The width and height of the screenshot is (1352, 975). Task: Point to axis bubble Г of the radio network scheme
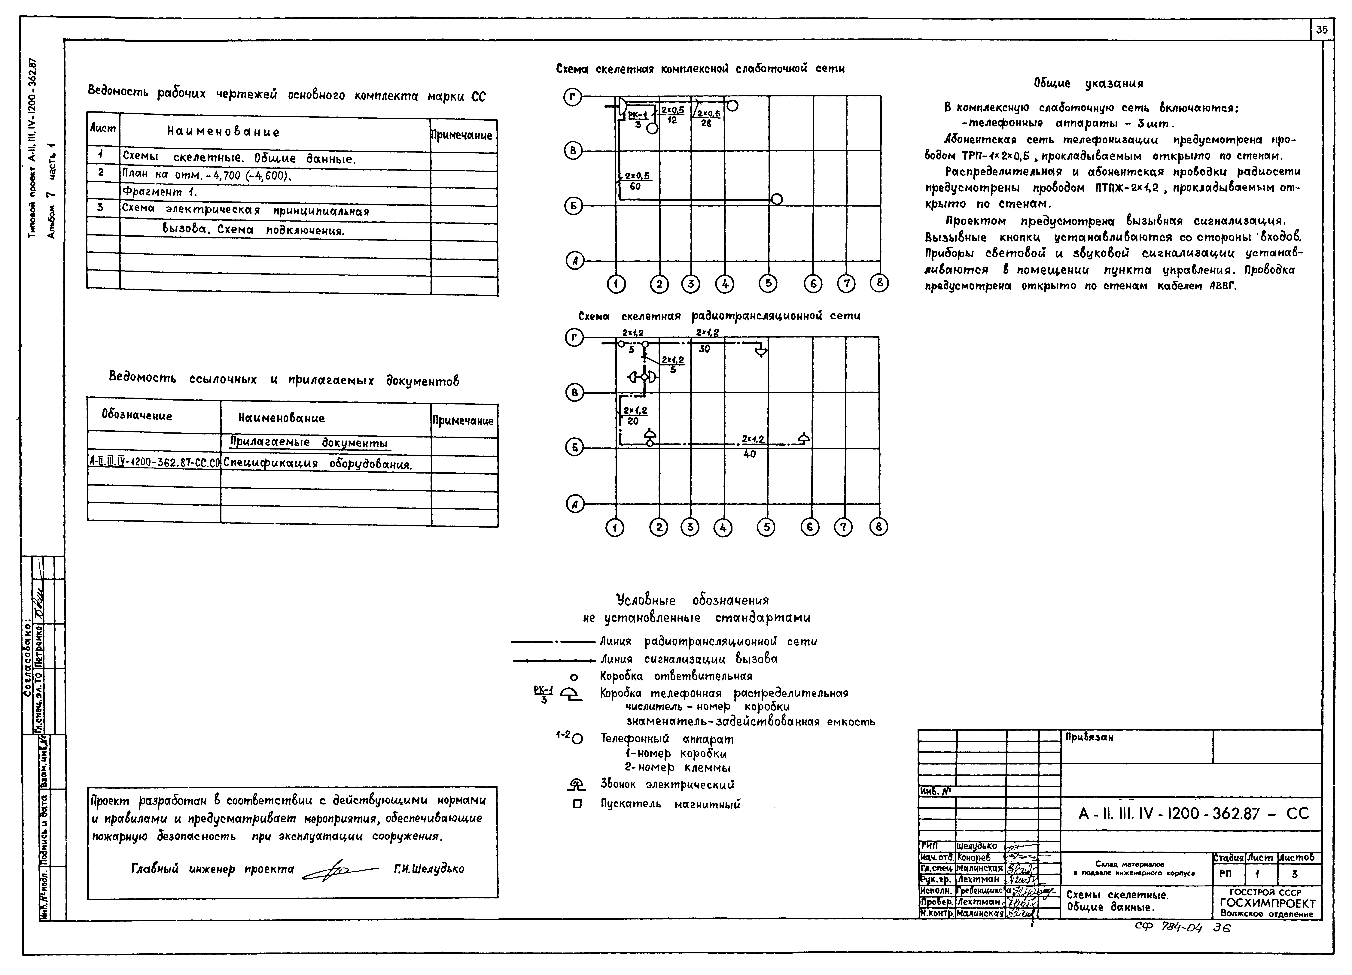coord(574,338)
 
